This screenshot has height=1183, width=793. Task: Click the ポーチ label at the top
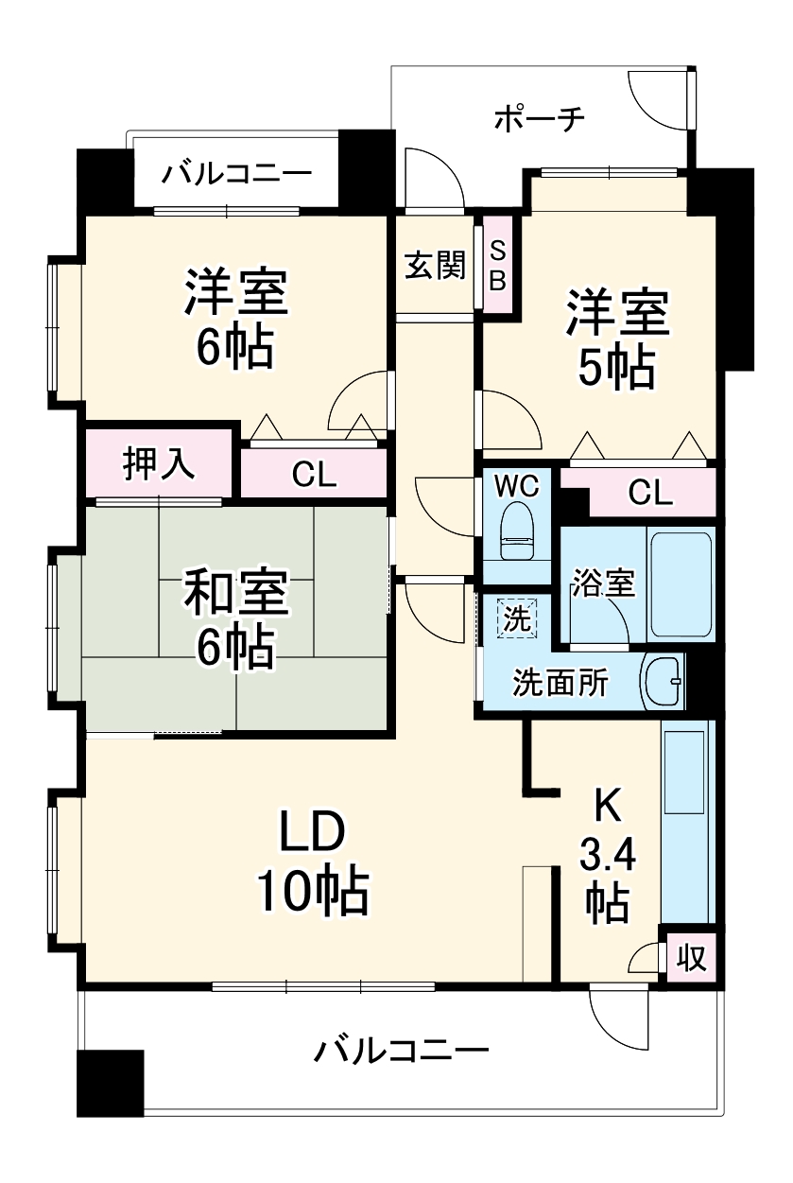[x=540, y=119]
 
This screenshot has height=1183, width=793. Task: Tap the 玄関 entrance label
[x=436, y=266]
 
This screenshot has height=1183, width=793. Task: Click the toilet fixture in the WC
[x=516, y=531]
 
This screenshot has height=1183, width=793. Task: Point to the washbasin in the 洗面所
[x=664, y=681]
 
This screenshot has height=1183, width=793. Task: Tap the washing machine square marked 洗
[x=517, y=618]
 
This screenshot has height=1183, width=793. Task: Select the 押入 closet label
[x=159, y=465]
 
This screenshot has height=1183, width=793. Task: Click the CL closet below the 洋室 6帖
[x=314, y=474]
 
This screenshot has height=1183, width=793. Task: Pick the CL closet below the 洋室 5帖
[x=650, y=492]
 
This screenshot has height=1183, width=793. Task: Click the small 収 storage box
[x=691, y=959]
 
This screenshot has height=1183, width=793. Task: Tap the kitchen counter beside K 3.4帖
[x=686, y=823]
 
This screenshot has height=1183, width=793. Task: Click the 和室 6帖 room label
[x=234, y=619]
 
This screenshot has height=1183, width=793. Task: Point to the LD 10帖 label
[x=311, y=861]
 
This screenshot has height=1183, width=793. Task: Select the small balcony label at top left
[x=235, y=175]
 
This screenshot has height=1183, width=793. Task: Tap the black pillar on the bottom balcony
[x=110, y=1082]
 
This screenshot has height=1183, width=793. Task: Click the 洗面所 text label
[x=560, y=683]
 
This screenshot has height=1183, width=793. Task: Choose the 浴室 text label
[x=602, y=583]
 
